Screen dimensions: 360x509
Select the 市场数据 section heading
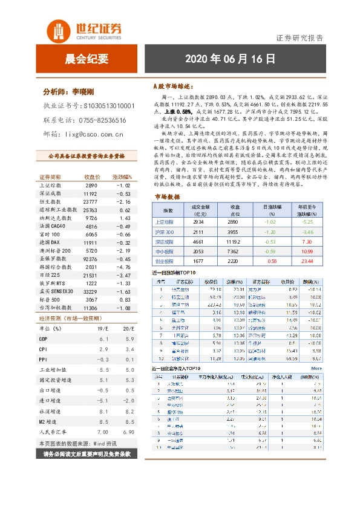[x=168, y=196]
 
